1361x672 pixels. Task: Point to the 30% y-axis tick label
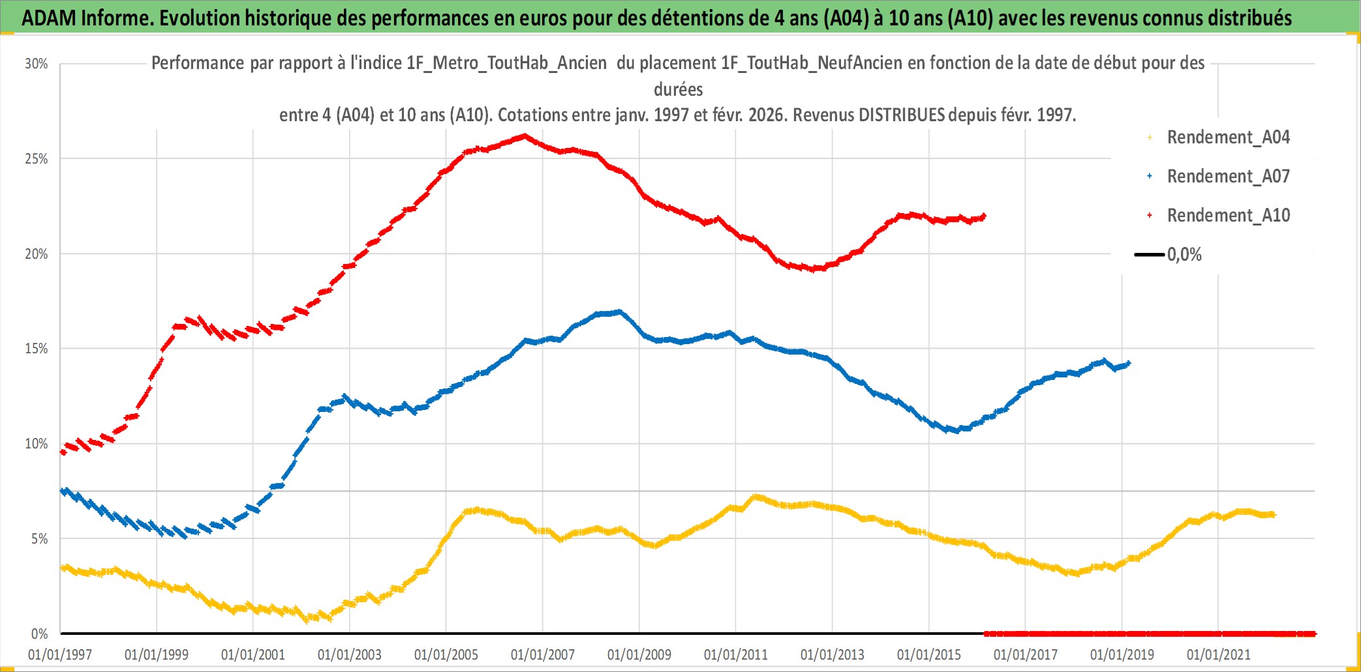[x=37, y=64]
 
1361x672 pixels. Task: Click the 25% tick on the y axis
[x=37, y=159]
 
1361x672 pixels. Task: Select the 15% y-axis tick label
[x=37, y=349]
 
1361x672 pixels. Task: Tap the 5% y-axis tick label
[x=39, y=539]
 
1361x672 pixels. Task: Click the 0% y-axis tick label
[x=39, y=634]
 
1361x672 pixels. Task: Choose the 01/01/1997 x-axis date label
[x=60, y=655]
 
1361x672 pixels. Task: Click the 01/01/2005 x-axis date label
[x=446, y=655]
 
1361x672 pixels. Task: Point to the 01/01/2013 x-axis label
[x=833, y=655]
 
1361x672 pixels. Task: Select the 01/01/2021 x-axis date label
[x=1219, y=655]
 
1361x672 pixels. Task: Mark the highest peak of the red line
[x=525, y=136]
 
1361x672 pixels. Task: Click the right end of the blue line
[x=1129, y=364]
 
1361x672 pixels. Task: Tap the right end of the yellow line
[x=1274, y=515]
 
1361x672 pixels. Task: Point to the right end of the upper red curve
[x=984, y=216]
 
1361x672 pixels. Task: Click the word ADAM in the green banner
[x=48, y=18]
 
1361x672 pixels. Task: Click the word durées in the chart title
[x=678, y=89]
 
